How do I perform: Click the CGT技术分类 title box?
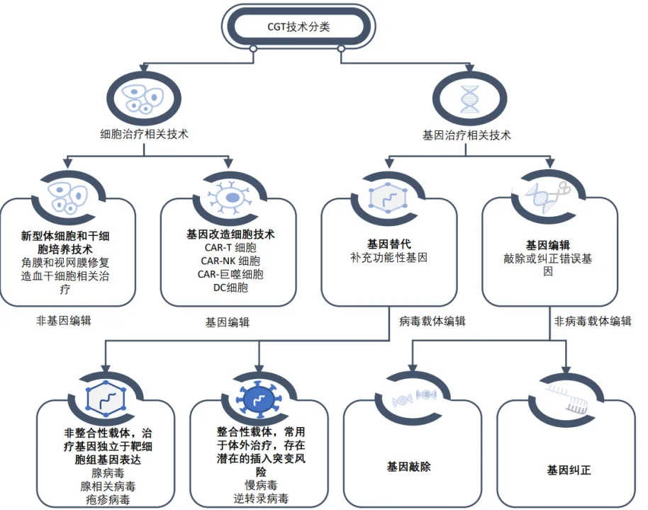point(298,28)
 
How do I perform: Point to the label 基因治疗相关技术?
point(467,134)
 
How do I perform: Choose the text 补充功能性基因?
point(389,258)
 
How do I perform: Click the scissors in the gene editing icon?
point(565,189)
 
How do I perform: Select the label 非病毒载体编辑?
point(593,321)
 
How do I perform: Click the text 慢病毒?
point(262,485)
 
